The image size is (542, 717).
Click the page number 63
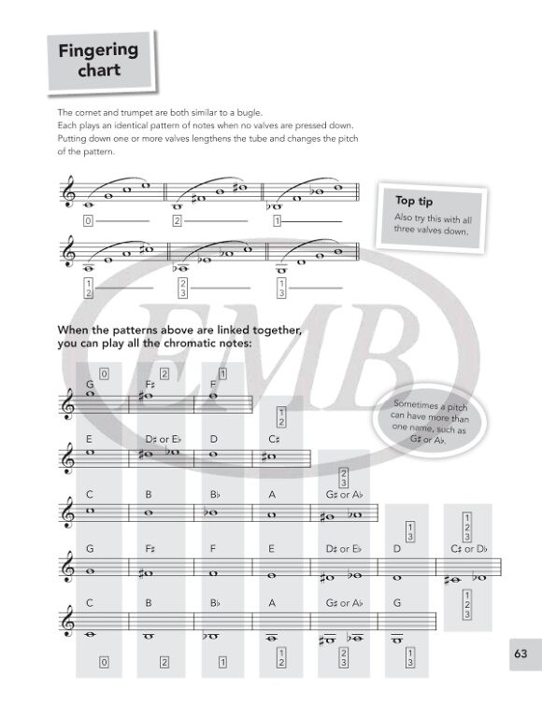pyautogui.click(x=521, y=654)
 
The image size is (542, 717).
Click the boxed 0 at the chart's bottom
pyautogui.click(x=104, y=662)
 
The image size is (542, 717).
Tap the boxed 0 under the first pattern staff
pyautogui.click(x=88, y=221)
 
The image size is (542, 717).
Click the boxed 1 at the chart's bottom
pyautogui.click(x=222, y=662)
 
